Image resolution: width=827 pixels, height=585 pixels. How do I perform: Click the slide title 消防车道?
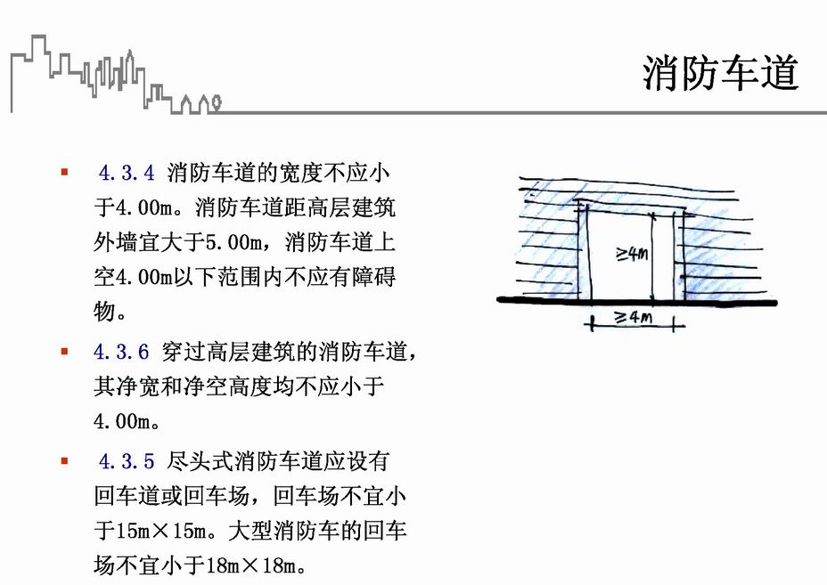tap(719, 73)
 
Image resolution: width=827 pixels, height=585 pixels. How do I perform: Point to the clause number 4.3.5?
tap(127, 462)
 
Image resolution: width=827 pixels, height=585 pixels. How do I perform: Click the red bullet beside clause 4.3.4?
tap(64, 170)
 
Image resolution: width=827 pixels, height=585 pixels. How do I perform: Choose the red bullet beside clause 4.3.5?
tap(64, 460)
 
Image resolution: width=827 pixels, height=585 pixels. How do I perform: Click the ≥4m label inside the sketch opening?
tap(631, 255)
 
